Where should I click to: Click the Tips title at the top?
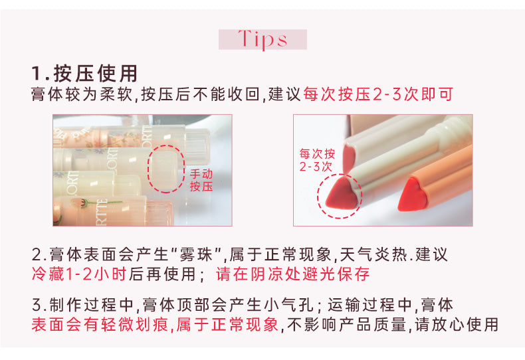(x=263, y=39)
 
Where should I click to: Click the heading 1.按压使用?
(x=84, y=73)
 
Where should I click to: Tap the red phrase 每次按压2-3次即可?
(x=378, y=94)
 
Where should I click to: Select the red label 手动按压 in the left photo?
(x=201, y=180)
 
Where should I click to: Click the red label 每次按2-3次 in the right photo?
(x=317, y=160)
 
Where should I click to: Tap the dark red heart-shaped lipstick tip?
(x=342, y=193)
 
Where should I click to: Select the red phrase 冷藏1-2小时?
(x=79, y=274)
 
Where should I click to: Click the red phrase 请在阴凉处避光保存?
(x=293, y=274)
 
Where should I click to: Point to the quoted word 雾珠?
(x=196, y=254)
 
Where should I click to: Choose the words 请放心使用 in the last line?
(x=457, y=324)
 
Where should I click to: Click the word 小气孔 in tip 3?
(x=288, y=305)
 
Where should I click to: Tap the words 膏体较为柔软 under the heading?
(x=82, y=94)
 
